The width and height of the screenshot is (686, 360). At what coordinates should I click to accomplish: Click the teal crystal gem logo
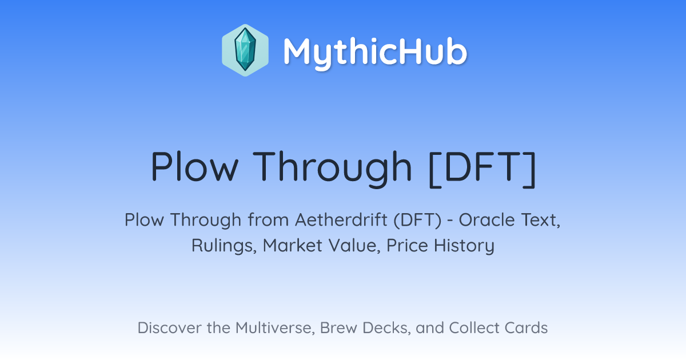coord(245,50)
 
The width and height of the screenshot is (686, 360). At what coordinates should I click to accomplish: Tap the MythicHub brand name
coord(375,52)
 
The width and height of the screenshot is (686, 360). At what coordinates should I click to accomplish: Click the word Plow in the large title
coord(194,167)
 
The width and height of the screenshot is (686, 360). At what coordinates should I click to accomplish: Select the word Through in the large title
coord(332,169)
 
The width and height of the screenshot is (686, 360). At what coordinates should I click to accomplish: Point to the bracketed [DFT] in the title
coord(482,169)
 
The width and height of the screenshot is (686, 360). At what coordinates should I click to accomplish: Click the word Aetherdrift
coord(341,220)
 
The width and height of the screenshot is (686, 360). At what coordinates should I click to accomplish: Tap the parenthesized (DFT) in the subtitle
coord(417,220)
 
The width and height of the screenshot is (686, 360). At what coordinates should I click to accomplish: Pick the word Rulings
coord(224,246)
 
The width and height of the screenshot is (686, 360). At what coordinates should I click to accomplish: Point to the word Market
coord(293,246)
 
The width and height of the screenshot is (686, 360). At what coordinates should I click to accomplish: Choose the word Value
coord(354,246)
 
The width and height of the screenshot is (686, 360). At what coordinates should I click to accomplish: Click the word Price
coord(407,246)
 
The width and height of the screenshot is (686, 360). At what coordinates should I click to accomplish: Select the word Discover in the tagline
coord(170,328)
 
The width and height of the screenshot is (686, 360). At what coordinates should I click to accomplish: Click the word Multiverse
coord(275,328)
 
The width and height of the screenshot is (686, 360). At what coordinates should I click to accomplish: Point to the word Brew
coord(338,328)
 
